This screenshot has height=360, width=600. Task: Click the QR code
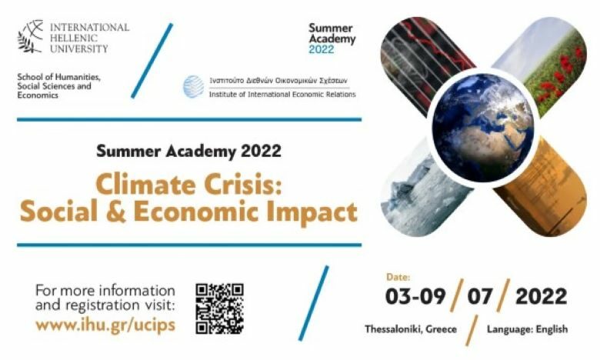220,308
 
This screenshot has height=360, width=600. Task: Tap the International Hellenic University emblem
31,36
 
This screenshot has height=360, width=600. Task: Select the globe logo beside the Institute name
194,87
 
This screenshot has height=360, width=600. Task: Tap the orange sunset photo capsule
543,188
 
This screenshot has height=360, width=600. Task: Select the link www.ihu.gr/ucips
105,325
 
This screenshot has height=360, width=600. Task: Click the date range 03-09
415,296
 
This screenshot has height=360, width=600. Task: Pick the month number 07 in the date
479,296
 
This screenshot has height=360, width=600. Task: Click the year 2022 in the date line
541,296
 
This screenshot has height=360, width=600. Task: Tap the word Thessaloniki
394,329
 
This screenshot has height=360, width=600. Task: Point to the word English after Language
552,329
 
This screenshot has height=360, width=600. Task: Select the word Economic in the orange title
196,212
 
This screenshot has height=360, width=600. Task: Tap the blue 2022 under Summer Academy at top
322,49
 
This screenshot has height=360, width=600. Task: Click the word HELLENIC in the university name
74,38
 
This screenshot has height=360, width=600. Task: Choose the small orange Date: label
398,277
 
